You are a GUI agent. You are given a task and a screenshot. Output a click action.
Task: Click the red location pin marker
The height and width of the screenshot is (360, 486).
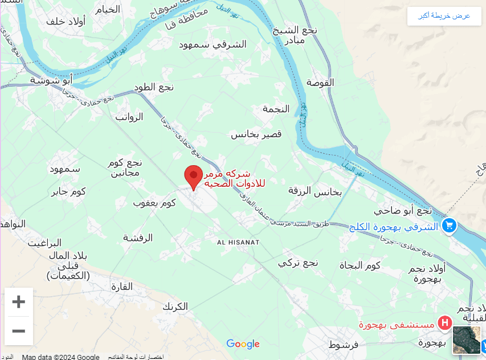pos(194,176)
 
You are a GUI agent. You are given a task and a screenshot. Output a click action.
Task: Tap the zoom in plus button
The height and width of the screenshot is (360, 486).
pos(19,302)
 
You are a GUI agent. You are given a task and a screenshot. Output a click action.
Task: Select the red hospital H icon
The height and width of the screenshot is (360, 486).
pos(444,324)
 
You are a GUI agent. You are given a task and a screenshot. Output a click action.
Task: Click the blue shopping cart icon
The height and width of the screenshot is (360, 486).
pos(449,226)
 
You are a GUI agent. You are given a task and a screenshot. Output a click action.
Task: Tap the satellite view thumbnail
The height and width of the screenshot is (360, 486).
pos(466,339)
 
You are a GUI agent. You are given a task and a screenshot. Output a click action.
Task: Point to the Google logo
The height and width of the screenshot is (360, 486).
pos(243,343)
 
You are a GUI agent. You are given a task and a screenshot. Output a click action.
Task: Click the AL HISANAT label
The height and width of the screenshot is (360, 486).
pos(239,243)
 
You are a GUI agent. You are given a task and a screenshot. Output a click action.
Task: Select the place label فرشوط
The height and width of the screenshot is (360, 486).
pos(343,345)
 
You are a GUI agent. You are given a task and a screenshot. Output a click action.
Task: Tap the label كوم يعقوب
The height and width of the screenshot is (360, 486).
pos(154,203)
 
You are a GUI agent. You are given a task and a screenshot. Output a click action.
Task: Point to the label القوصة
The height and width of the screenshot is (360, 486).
pos(320,83)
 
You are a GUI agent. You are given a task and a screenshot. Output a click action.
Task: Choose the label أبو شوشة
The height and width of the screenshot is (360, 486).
pos(51,80)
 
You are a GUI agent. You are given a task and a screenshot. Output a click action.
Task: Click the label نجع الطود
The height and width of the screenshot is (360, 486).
pos(154,87)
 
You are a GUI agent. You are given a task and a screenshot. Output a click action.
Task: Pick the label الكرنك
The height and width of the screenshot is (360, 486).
pos(175,306)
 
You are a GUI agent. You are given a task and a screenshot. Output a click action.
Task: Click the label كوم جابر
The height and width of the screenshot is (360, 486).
pos(68,191)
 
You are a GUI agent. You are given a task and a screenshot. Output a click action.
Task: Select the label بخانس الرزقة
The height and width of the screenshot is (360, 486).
pos(315,191)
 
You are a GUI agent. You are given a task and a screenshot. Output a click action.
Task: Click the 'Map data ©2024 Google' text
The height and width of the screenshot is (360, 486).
pos(60,357)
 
